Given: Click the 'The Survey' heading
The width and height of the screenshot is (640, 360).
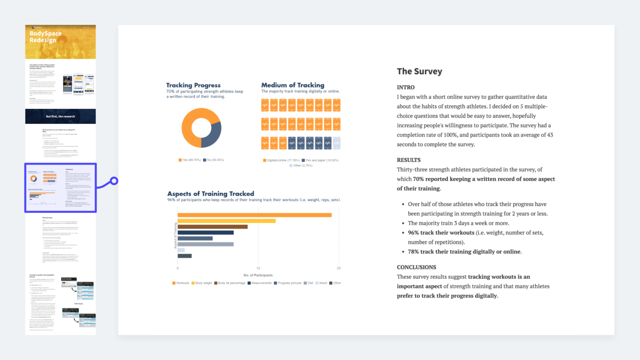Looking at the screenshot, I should [419, 72].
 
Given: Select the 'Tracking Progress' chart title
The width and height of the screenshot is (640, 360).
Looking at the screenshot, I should [193, 85].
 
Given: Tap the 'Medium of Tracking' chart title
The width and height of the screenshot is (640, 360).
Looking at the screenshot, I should [293, 85].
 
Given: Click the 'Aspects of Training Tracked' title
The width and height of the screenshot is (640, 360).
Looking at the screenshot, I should [211, 194].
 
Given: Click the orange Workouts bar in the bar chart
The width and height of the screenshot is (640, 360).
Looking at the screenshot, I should [254, 215].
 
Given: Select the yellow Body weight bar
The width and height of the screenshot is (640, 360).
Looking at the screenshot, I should [226, 221].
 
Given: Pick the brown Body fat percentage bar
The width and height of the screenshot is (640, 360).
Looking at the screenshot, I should [213, 227].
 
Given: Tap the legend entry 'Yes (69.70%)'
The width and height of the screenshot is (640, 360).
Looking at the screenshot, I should [190, 160].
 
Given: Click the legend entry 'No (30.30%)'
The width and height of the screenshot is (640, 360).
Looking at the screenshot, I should [214, 160].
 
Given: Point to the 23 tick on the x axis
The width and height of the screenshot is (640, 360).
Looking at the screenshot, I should [339, 268].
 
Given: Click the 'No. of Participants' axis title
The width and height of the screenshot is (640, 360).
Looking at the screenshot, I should [258, 275].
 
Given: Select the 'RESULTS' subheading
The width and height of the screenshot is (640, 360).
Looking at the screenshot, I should [409, 160].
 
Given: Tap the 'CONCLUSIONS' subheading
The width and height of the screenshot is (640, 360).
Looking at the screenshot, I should [416, 267].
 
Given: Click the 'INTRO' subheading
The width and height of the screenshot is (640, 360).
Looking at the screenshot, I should [406, 88].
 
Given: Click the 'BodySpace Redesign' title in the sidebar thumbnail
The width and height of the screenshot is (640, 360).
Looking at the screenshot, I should [45, 37].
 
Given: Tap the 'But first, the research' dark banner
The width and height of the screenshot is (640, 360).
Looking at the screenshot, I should [61, 117].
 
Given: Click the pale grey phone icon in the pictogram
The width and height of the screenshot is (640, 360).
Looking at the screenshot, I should [337, 143].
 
